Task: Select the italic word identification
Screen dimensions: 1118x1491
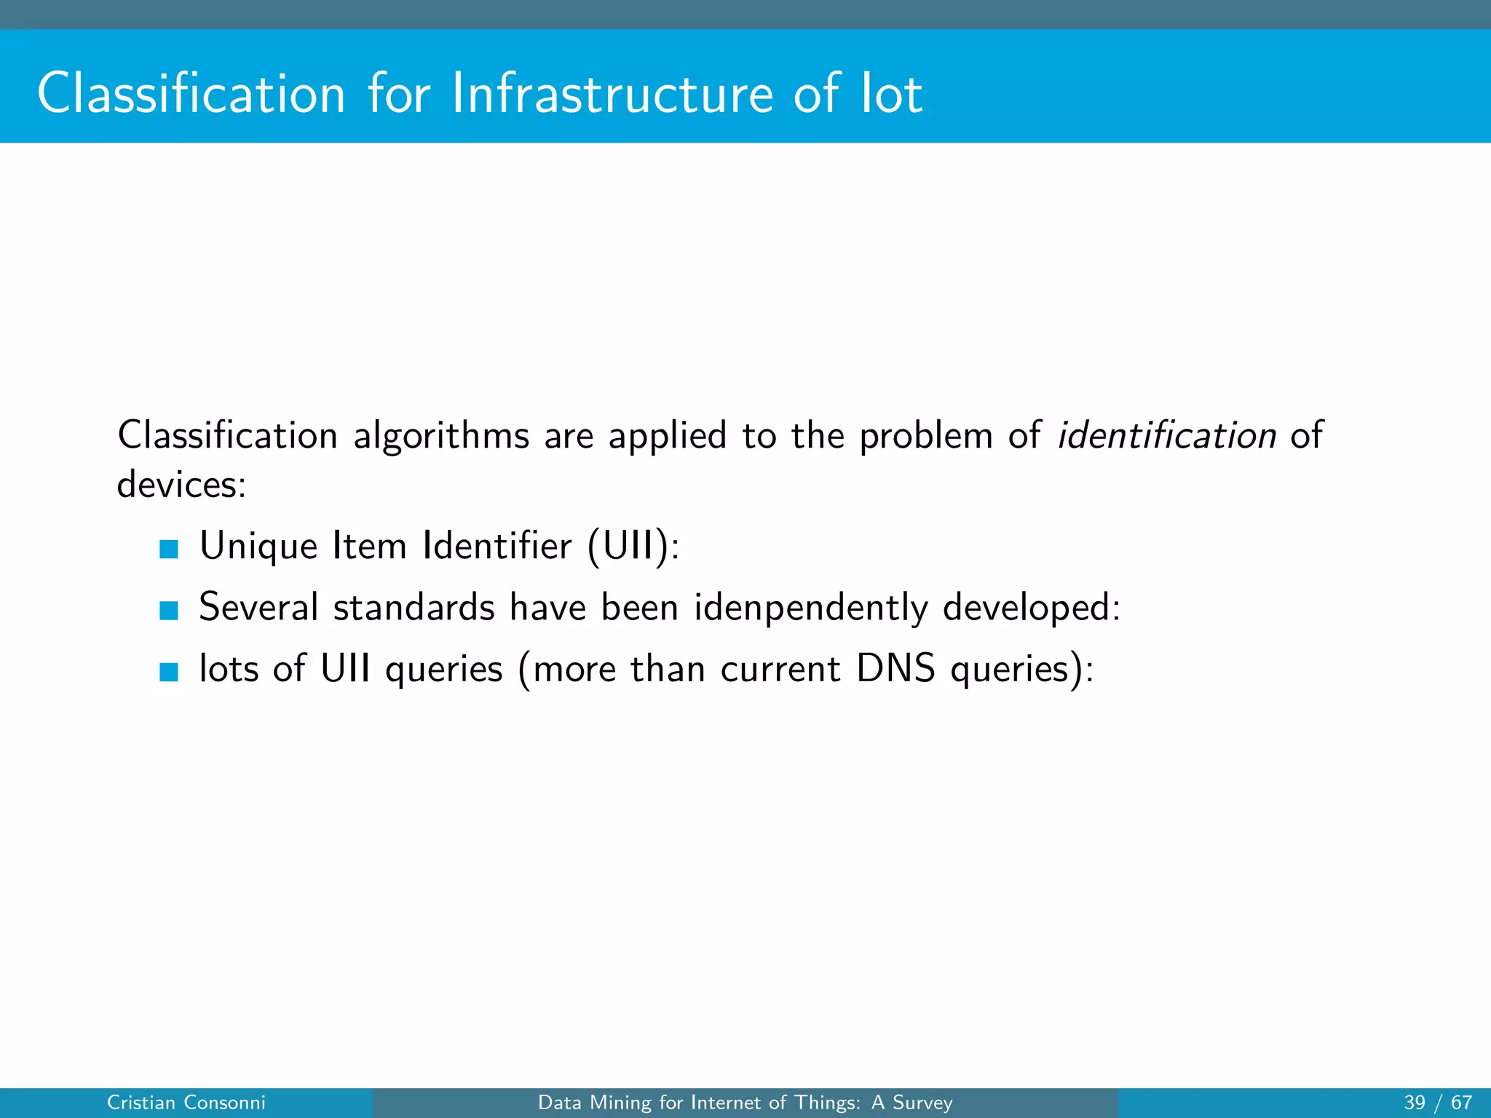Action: point(1166,435)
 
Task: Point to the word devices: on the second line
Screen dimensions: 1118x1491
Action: point(182,484)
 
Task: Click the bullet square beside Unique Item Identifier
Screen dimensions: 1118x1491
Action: point(169,548)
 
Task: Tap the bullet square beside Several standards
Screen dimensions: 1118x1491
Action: point(169,610)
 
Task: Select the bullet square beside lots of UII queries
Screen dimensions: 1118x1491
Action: point(169,671)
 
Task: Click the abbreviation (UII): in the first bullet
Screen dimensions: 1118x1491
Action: point(633,546)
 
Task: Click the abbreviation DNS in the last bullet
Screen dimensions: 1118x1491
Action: point(895,668)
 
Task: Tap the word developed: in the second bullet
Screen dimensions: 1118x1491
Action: point(1032,607)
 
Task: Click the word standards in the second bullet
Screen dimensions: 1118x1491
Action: point(414,607)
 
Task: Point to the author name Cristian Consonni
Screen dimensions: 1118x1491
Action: point(186,1103)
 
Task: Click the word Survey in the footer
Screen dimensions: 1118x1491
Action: point(922,1103)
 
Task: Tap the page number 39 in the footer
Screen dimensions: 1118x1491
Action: point(1415,1103)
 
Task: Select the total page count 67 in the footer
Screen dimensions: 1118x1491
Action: point(1461,1103)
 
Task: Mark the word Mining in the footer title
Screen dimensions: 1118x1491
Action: point(620,1103)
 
